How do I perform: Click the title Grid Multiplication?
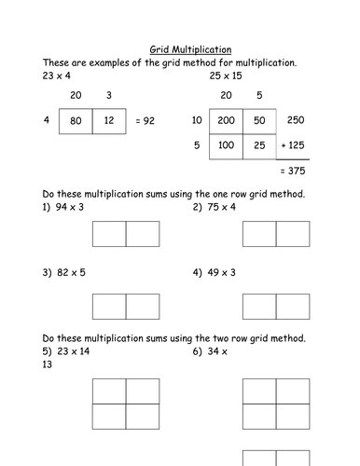tap(191, 49)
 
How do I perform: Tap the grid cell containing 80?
tap(76, 119)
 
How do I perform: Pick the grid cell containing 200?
tap(225, 120)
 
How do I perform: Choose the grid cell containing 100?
tap(225, 145)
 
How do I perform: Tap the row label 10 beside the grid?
tap(197, 120)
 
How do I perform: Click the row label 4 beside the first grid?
tap(46, 119)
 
